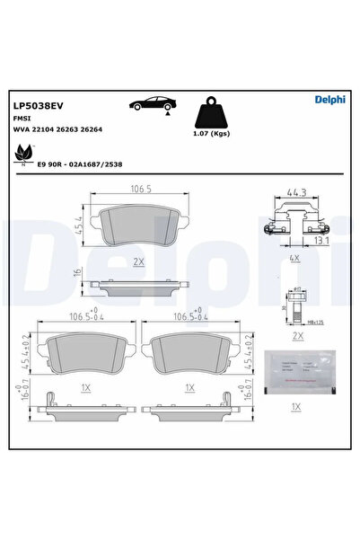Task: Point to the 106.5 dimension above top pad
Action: tap(137, 190)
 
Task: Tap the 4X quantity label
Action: tap(293, 258)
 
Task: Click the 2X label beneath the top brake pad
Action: tap(138, 262)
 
